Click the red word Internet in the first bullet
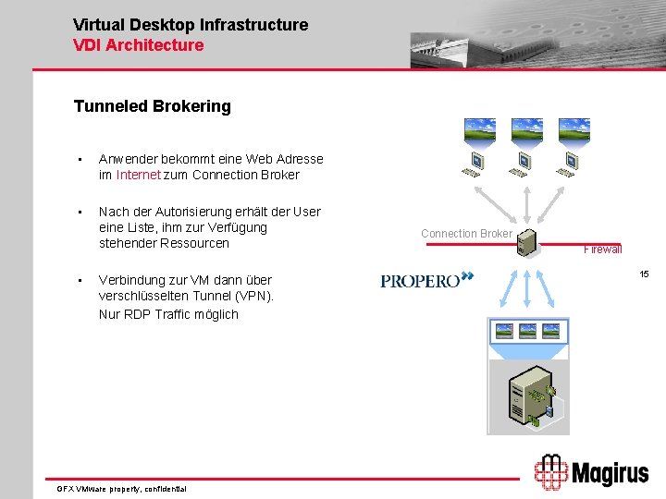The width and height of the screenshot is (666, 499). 139,175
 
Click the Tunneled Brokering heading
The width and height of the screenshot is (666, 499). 152,106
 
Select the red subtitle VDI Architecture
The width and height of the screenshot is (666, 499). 138,45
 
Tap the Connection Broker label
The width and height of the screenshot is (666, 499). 466,234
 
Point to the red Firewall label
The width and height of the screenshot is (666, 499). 602,249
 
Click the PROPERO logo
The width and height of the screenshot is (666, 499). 426,280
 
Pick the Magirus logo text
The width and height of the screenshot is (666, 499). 608,474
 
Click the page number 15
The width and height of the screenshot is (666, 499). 645,274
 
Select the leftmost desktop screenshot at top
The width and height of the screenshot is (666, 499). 479,128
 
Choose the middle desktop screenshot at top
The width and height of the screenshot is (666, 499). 527,128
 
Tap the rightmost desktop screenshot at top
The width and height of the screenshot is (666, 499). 574,128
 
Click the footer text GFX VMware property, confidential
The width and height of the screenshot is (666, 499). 121,488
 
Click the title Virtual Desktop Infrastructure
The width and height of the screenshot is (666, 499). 191,25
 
